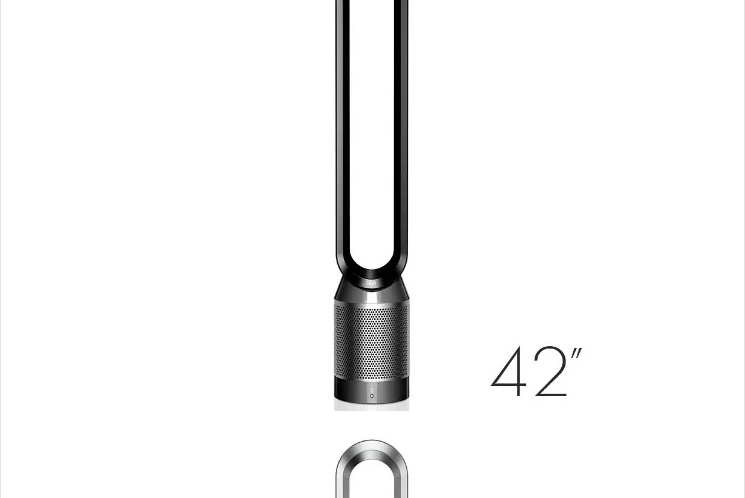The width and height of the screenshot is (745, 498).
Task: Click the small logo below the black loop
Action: [x=372, y=284]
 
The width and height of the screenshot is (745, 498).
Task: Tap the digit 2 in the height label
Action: [x=551, y=371]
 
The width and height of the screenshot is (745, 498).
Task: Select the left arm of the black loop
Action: [x=342, y=128]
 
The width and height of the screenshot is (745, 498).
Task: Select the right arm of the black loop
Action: [x=401, y=128]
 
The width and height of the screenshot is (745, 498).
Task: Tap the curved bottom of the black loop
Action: [x=372, y=272]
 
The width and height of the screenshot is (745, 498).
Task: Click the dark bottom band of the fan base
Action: [x=372, y=390]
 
